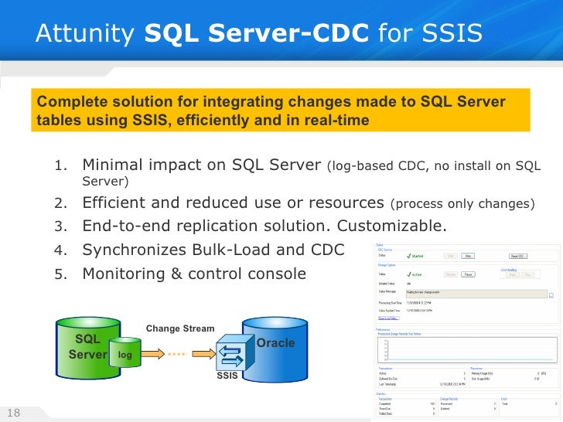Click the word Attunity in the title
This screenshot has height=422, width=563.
point(73,33)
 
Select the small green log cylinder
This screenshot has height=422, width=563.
point(125,353)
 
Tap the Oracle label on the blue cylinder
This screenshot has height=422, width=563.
point(275,342)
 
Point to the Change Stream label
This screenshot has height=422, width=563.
point(179,328)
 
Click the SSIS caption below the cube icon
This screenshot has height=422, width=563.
point(227,376)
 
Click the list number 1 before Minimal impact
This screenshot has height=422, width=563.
point(61,165)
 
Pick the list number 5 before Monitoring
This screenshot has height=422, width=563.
point(61,274)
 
